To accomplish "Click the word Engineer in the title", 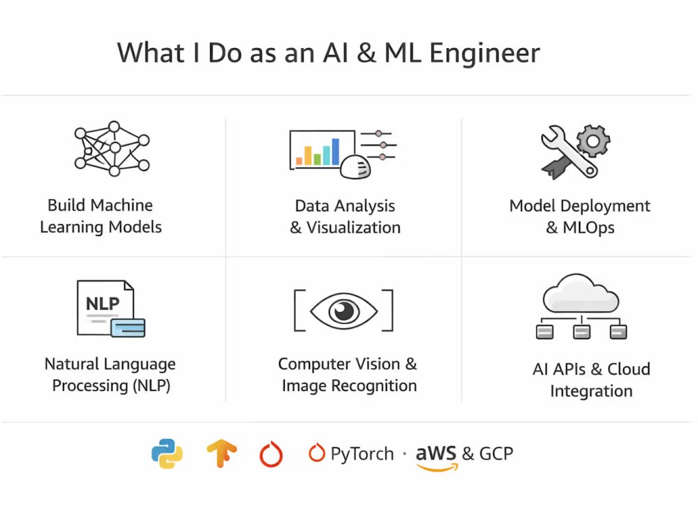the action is [484, 54].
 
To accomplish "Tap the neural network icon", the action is [112, 149].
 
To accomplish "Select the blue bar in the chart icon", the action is [335, 152].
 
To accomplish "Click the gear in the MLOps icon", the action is [593, 141].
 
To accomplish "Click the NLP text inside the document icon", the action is [103, 304].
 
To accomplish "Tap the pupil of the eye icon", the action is [343, 311].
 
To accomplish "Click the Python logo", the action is [167, 453].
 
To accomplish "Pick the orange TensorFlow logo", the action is [222, 453].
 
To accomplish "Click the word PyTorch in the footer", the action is [362, 454].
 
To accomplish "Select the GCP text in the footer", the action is [496, 453].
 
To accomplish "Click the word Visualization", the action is [353, 228].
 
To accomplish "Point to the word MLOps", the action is [588, 228].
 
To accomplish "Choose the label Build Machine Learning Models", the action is [101, 216].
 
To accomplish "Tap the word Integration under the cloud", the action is [591, 391].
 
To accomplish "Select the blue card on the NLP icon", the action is [128, 328].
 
